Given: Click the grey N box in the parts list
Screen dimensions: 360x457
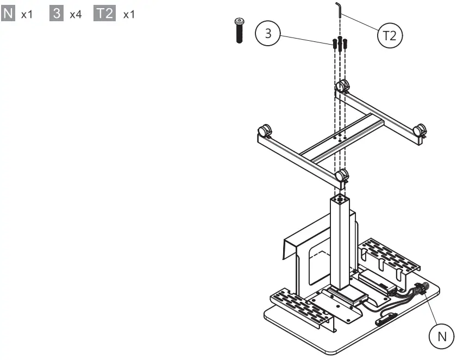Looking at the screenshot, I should (x=9, y=14).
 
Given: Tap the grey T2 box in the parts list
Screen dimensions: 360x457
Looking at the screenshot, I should (x=104, y=14).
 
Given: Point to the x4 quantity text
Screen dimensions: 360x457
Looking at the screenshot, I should (x=76, y=14).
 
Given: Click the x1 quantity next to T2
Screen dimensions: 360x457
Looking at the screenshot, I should (x=129, y=14).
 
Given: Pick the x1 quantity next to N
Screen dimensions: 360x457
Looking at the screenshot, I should (x=27, y=14).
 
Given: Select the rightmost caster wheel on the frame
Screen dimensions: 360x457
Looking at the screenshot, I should (x=420, y=131).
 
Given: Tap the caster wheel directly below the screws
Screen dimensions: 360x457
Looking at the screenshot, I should (x=342, y=86).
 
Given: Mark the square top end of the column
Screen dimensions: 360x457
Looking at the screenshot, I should (x=339, y=199).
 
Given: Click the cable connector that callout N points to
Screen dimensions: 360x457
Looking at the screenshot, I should (x=419, y=290).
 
